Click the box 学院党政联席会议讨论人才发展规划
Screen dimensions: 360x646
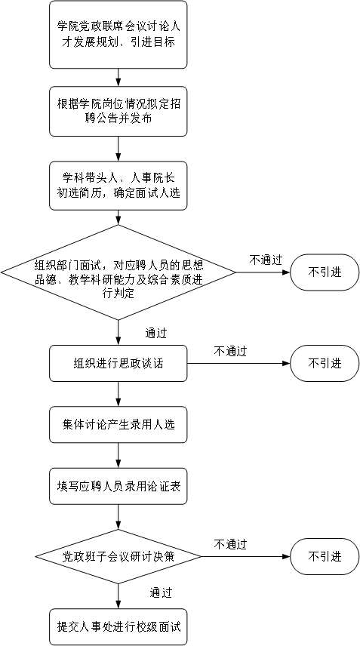point(118,35)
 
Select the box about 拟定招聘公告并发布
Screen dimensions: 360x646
point(118,111)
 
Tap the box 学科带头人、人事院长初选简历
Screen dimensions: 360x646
point(118,186)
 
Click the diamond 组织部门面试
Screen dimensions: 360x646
point(118,272)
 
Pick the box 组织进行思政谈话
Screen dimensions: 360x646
point(118,364)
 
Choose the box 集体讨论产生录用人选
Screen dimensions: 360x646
point(118,425)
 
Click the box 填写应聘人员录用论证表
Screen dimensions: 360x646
point(118,486)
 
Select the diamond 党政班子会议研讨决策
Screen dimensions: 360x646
point(118,556)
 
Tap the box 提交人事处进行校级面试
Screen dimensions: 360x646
point(118,626)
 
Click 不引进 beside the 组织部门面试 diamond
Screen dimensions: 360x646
point(325,272)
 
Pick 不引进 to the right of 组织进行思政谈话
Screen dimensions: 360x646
point(325,364)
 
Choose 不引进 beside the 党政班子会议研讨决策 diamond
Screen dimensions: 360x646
point(325,556)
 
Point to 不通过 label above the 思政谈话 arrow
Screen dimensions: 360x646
point(230,351)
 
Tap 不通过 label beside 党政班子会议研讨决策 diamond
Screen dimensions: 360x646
point(230,544)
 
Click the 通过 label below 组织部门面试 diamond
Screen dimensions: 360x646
point(156,333)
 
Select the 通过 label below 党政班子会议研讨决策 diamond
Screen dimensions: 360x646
point(161,592)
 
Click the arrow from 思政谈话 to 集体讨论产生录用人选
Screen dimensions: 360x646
point(118,394)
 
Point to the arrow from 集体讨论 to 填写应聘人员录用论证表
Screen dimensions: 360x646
point(118,455)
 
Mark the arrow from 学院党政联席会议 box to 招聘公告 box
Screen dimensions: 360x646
point(118,78)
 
